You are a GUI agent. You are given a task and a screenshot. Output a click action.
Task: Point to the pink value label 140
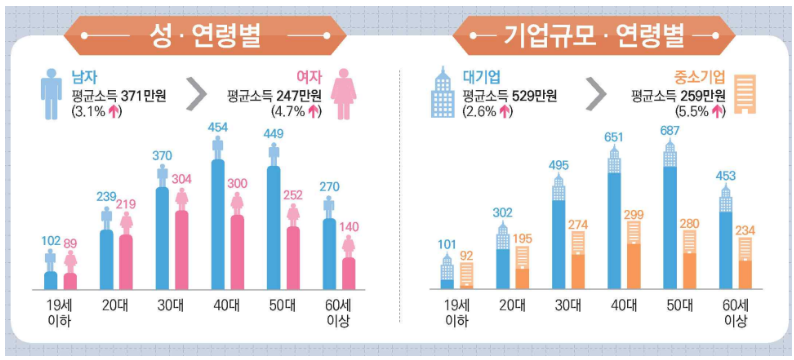[x=349, y=227]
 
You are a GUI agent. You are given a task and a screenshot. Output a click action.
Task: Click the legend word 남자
[x=84, y=77]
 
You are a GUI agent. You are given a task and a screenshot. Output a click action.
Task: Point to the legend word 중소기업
[x=693, y=77]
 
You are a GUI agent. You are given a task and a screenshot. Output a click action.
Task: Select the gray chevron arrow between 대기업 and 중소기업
[x=595, y=94]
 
